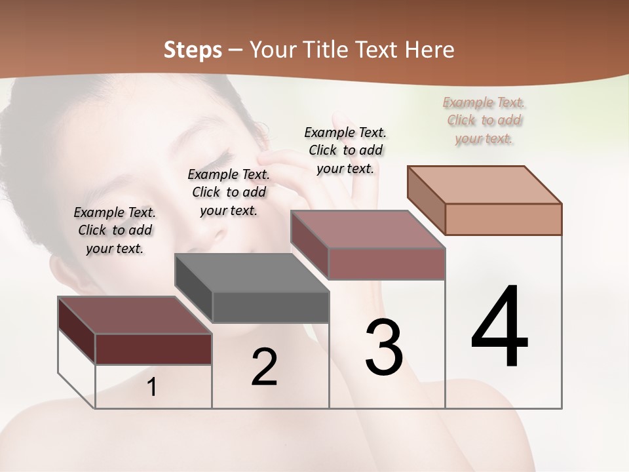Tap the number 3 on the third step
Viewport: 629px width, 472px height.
(384, 347)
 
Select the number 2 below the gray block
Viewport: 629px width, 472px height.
(264, 366)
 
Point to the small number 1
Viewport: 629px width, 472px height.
(152, 387)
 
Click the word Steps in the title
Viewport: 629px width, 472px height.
(193, 50)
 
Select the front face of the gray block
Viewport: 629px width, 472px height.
(271, 307)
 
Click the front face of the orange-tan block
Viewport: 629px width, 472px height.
(503, 219)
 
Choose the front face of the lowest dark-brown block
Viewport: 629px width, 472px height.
(153, 349)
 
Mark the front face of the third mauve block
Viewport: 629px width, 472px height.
(387, 264)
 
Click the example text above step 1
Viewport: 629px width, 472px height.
(115, 230)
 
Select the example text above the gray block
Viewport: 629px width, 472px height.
(229, 192)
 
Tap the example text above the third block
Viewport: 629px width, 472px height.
(345, 150)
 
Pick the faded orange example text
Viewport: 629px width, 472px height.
(484, 120)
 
